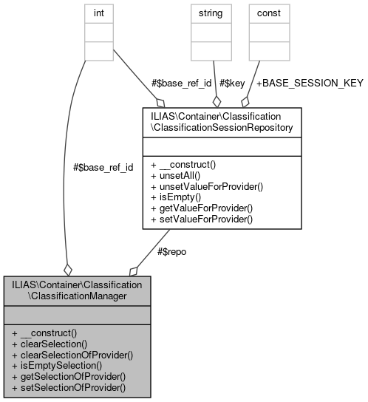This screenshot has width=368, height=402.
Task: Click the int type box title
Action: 98,13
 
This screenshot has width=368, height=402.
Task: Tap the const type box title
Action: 268,13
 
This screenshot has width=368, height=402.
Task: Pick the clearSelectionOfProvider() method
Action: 72,354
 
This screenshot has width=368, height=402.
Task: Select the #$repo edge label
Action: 172,252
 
